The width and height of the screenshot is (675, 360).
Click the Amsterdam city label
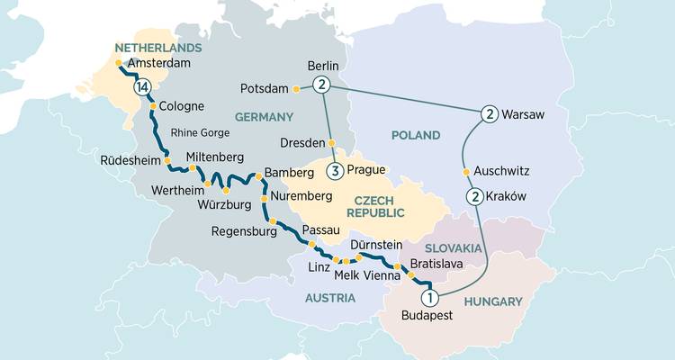(164, 64)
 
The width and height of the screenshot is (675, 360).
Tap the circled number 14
(141, 88)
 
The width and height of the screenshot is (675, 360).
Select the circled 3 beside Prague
(336, 171)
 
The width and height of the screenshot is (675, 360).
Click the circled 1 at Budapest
(430, 297)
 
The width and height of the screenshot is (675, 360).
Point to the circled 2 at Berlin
(321, 85)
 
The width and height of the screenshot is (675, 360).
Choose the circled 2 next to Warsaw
(489, 114)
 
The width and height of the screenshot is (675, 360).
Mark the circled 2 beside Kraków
(472, 197)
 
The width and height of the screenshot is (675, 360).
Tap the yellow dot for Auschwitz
(465, 170)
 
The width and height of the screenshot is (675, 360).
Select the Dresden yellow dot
(331, 143)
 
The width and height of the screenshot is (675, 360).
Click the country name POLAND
(415, 135)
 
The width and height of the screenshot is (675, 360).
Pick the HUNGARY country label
(493, 304)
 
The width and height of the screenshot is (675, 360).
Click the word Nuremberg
(302, 198)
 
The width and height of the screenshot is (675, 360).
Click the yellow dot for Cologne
(153, 106)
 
